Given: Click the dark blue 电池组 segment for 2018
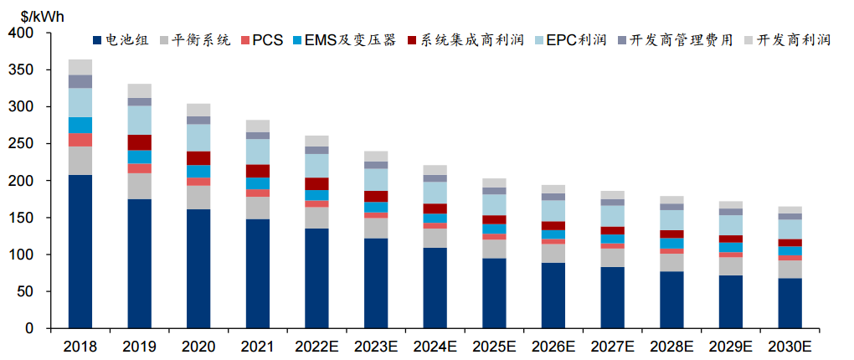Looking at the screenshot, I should tap(80, 251).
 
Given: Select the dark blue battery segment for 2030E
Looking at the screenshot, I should tap(790, 303).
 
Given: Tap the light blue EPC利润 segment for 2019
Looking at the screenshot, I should tap(139, 120).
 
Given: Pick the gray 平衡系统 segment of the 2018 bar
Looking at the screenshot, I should tap(80, 161).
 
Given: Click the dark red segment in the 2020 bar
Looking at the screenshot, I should tap(198, 157).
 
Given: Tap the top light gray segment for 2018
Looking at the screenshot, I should tap(80, 67).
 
